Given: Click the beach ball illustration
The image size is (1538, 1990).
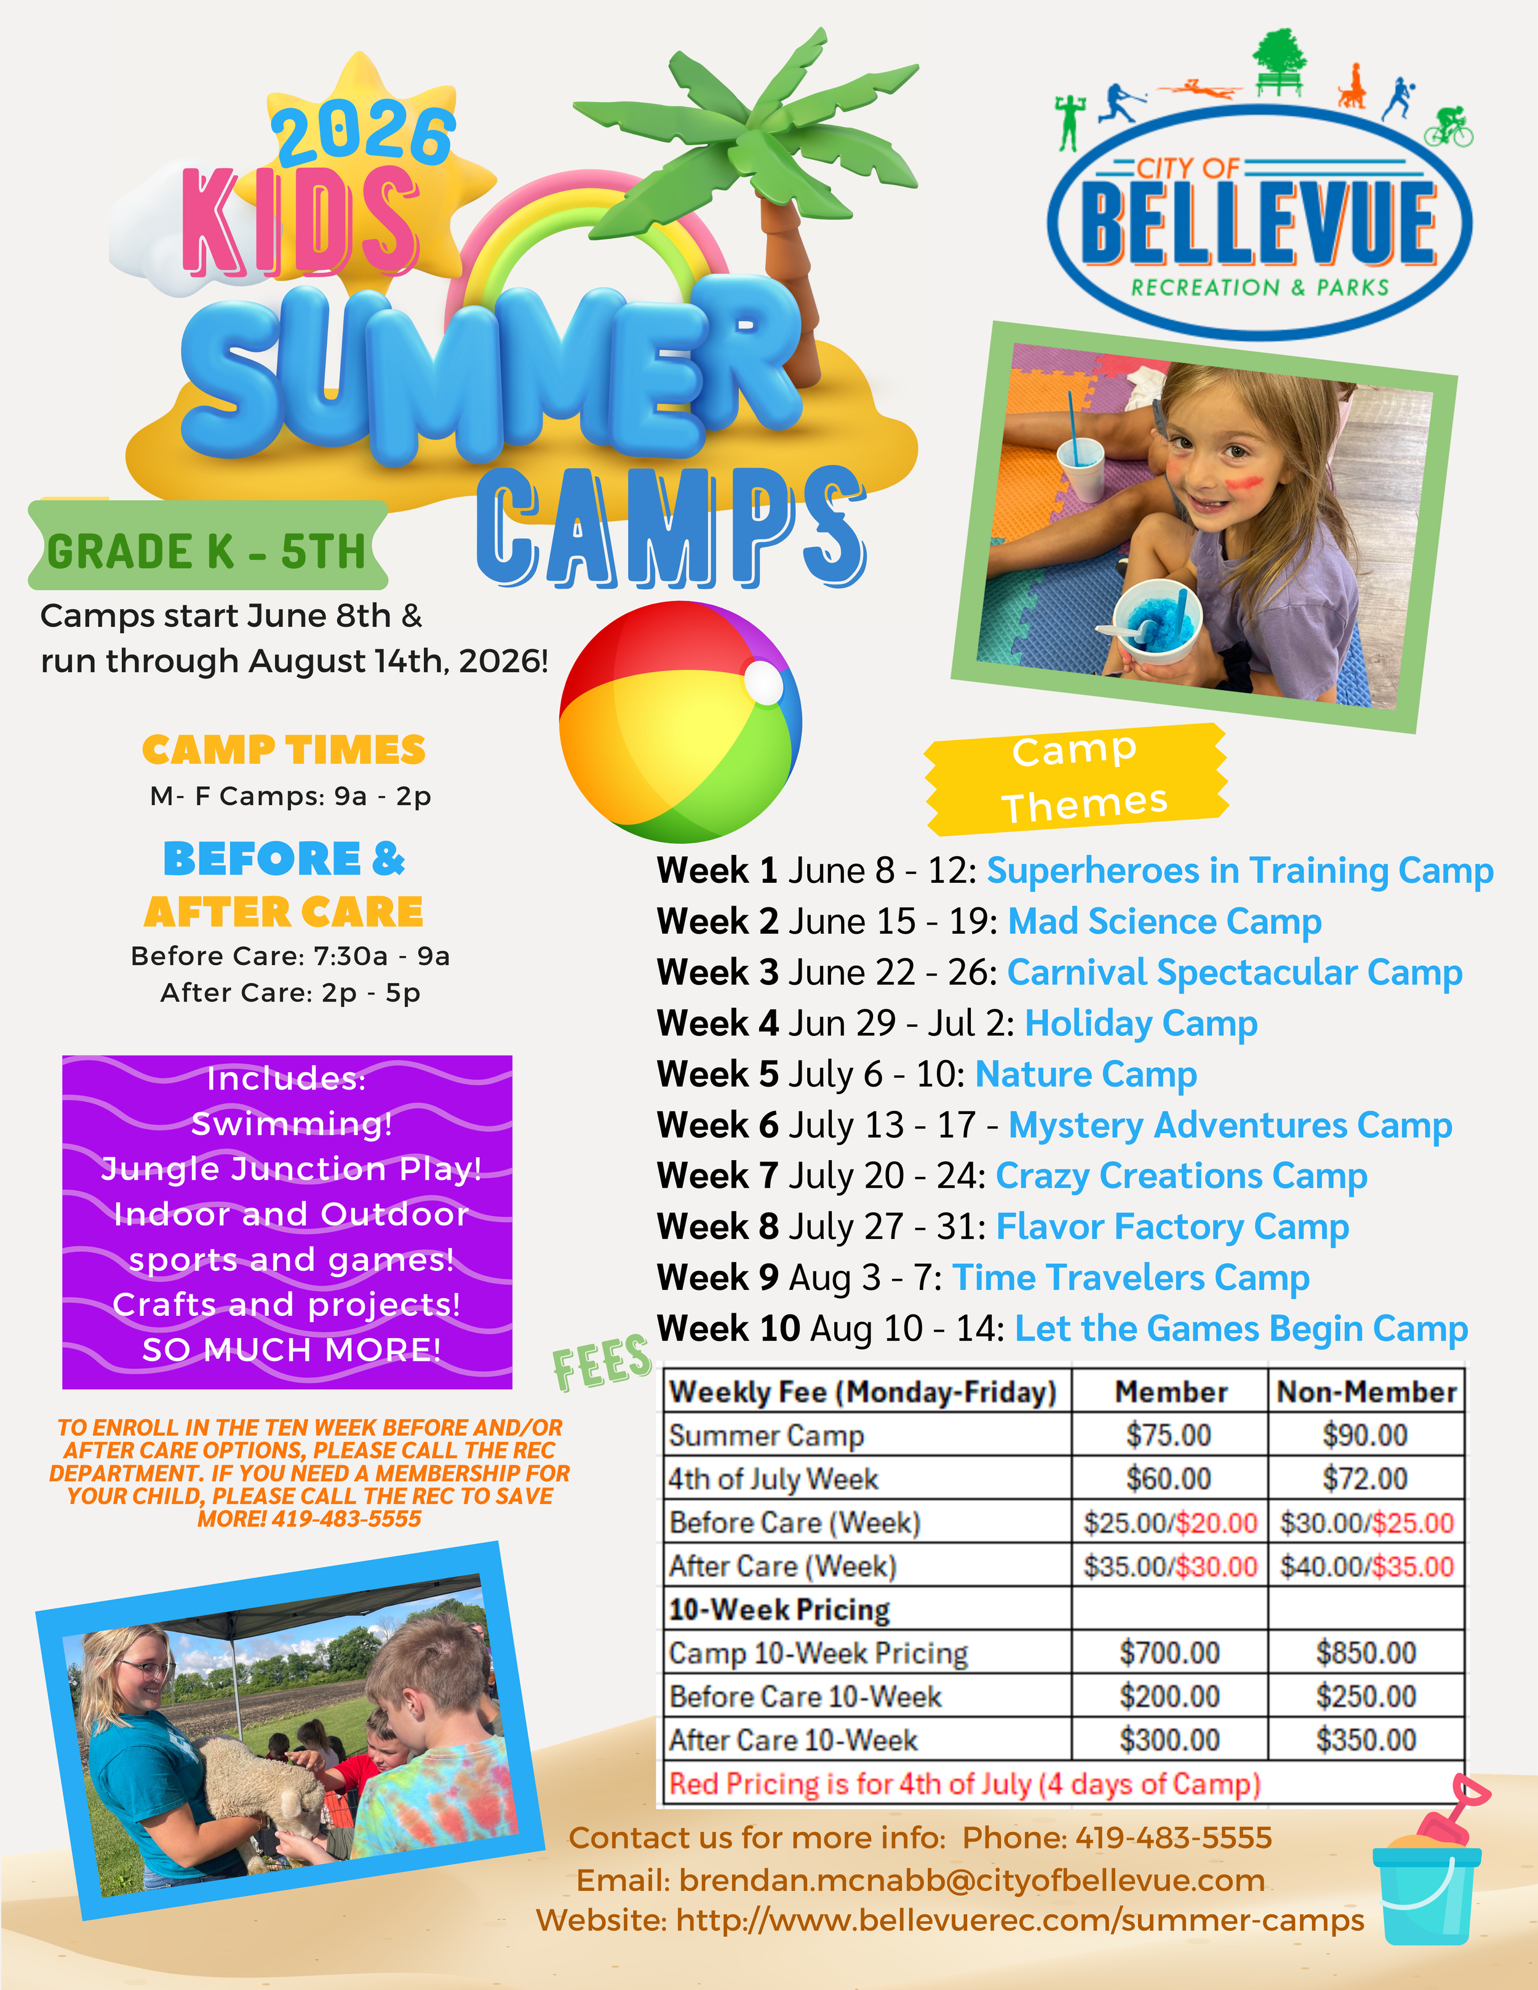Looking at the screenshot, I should pos(680,722).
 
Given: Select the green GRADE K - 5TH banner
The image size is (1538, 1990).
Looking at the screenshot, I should pos(208,549).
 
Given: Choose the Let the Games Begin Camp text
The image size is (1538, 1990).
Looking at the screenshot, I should pos(1241,1329).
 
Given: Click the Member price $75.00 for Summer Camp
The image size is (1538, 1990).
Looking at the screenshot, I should pos(1168,1435).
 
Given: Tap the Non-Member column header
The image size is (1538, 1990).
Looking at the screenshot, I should pos(1366,1391).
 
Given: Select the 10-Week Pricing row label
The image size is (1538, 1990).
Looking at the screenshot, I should pos(779,1609).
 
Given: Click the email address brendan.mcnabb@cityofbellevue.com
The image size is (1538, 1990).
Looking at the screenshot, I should pos(971,1880).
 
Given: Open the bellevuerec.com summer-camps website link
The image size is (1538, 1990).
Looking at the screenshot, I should pos(1019,1920).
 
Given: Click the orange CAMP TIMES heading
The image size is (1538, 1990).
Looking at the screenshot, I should pos(284,750).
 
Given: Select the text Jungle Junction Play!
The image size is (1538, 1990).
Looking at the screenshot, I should pos(290,1168).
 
